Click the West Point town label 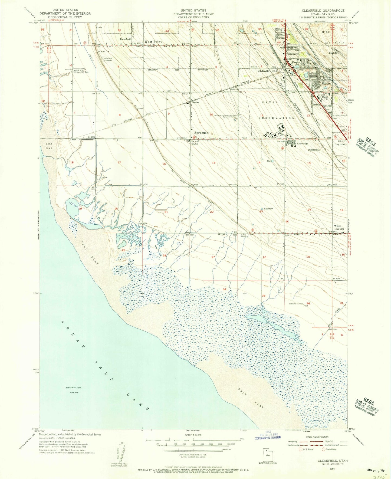[x=153, y=42]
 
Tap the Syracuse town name [x=201, y=133]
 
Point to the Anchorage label [x=302, y=143]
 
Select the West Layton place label [x=339, y=227]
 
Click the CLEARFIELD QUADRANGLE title [x=323, y=11]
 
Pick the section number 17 [x=119, y=162]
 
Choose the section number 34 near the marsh [x=224, y=289]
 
